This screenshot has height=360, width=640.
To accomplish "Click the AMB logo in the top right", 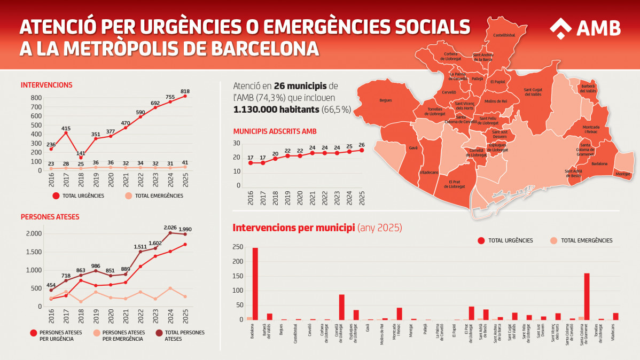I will click(x=585, y=28).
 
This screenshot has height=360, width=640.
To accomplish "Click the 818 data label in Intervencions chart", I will click(x=185, y=91).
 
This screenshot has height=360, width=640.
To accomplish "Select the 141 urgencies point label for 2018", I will click(x=81, y=153).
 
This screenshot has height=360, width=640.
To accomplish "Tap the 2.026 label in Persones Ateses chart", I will click(x=170, y=226).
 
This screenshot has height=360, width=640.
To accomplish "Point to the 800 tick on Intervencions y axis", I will click(x=36, y=98).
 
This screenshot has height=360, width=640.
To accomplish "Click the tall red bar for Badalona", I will click(x=255, y=283).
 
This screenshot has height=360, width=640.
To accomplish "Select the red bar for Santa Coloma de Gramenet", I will click(x=587, y=296).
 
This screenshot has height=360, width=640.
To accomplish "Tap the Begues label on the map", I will click(x=385, y=100).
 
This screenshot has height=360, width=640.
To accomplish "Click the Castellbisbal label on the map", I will click(x=504, y=35).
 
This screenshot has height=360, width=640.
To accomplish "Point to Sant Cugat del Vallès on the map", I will click(x=532, y=92).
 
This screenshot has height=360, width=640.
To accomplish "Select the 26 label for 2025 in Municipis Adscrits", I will click(x=362, y=145).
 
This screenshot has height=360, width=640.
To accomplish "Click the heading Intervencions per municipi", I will click(x=294, y=228).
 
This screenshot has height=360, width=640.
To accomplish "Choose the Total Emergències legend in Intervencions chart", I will click(x=159, y=196).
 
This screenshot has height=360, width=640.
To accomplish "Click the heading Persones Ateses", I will click(x=50, y=217).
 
